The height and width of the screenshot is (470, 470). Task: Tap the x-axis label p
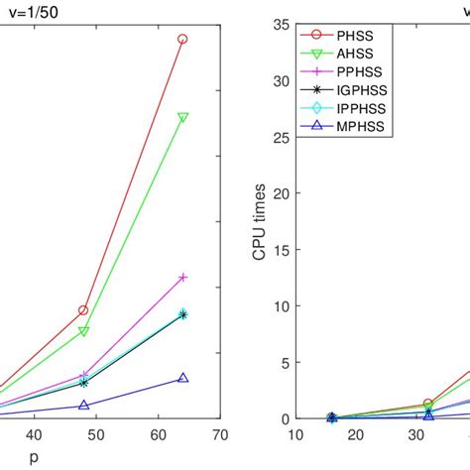pos(35,458)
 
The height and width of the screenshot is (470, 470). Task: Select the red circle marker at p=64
pos(182,40)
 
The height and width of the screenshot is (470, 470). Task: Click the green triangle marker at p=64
pos(182,117)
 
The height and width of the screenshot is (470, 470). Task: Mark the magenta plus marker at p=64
pos(182,278)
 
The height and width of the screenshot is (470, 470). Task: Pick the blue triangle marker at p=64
pos(182,378)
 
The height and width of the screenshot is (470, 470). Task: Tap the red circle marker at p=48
pos(83,310)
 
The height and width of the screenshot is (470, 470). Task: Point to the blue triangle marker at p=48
pos(83,405)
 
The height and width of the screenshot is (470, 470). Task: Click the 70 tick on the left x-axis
pos(220,434)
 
